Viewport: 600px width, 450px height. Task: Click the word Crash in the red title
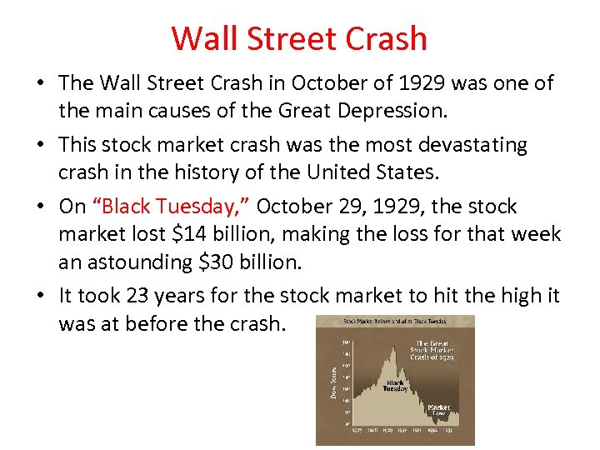[387, 38]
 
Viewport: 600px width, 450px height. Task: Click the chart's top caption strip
[395, 320]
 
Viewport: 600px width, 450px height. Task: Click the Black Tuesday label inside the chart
[395, 385]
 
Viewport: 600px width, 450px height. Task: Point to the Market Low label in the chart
[438, 409]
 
